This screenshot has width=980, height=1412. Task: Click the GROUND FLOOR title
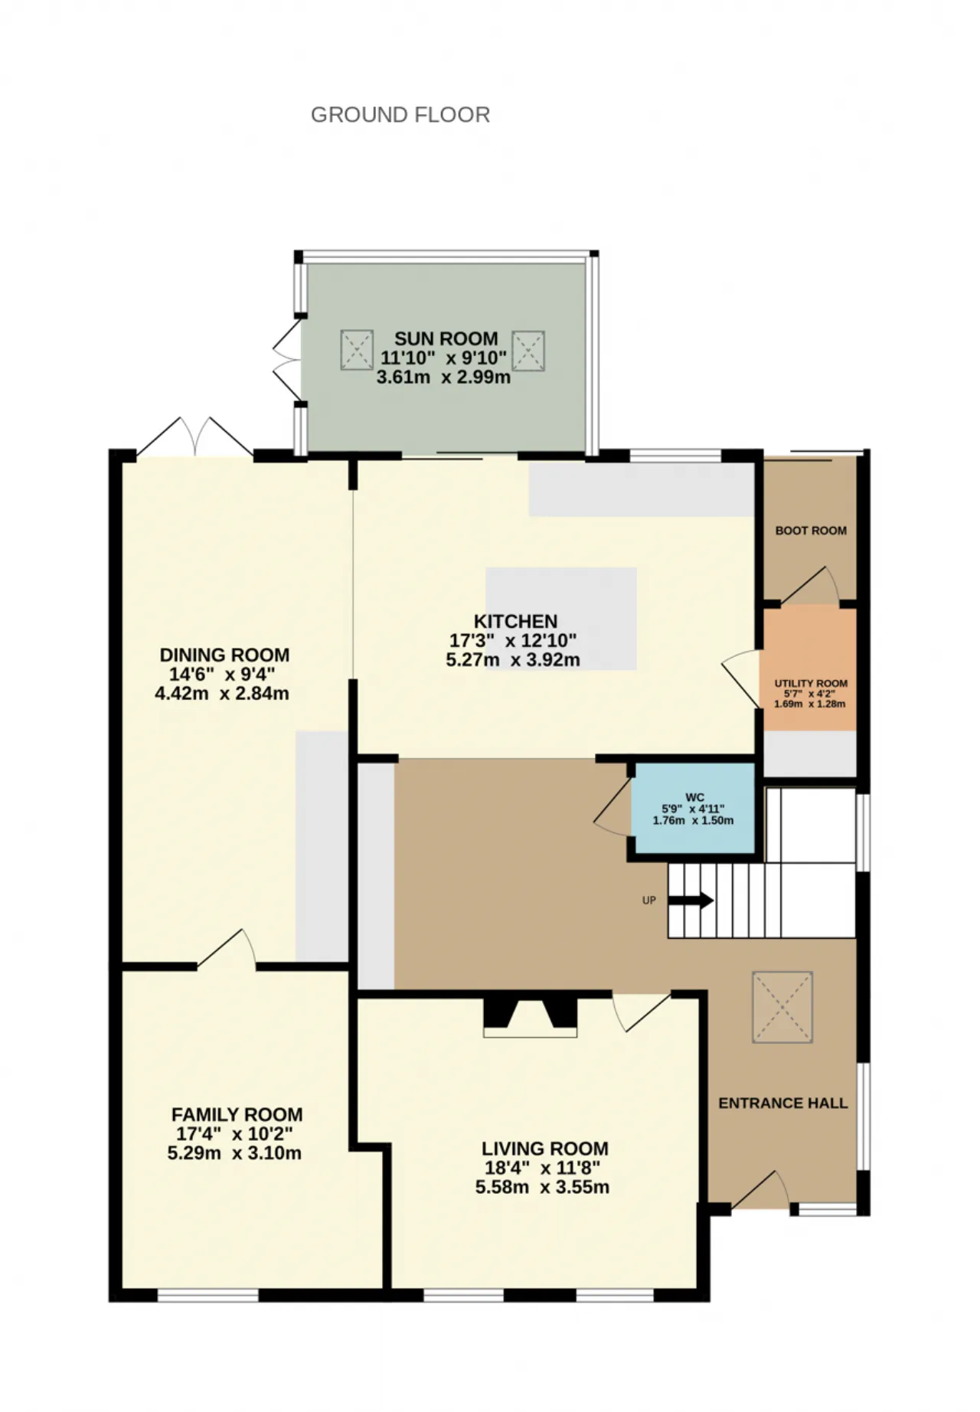pyautogui.click(x=400, y=115)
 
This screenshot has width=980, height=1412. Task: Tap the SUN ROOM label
pyautogui.click(x=446, y=338)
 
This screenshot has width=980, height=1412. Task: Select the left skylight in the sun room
pyautogui.click(x=356, y=350)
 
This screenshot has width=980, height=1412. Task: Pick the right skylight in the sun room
pyautogui.click(x=528, y=351)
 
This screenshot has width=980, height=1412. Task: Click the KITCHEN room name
pyautogui.click(x=515, y=621)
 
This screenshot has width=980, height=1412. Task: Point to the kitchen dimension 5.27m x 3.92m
pyautogui.click(x=513, y=659)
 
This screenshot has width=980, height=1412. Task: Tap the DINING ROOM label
pyautogui.click(x=224, y=655)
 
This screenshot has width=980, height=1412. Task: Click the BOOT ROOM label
pyautogui.click(x=811, y=530)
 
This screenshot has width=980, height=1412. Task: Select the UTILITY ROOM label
pyautogui.click(x=811, y=683)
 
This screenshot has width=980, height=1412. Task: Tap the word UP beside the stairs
pyautogui.click(x=649, y=900)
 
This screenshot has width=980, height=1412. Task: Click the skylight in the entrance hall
pyautogui.click(x=782, y=1007)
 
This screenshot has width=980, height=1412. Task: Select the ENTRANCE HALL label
pyautogui.click(x=782, y=1103)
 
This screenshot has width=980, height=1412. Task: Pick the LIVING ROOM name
pyautogui.click(x=544, y=1149)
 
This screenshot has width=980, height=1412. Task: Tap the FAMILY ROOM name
pyautogui.click(x=237, y=1114)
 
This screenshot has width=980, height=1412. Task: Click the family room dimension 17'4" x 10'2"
pyautogui.click(x=234, y=1133)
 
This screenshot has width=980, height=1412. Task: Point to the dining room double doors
pyautogui.click(x=194, y=437)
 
